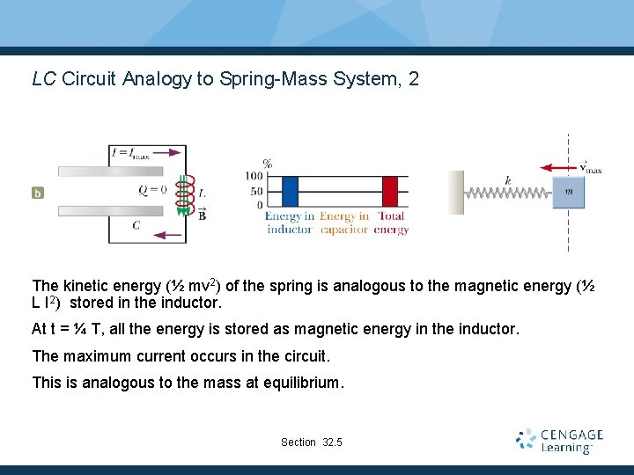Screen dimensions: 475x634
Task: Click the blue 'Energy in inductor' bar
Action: pos(291,191)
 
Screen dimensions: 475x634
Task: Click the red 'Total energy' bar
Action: pos(390,191)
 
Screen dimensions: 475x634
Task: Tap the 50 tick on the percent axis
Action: pos(256,190)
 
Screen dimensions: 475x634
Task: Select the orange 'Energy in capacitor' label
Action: pos(344,223)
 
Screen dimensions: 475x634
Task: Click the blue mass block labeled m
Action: pos(569,192)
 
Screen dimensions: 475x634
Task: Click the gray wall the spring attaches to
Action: pos(455,192)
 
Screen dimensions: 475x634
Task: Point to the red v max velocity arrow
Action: pos(560,165)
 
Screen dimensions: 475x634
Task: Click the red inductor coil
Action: pos(185,194)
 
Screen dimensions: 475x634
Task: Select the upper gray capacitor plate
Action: pos(111,172)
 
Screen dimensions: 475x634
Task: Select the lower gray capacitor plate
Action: pos(111,210)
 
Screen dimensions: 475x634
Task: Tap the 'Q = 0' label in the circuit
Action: pos(152,188)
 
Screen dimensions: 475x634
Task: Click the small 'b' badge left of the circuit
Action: pos(38,192)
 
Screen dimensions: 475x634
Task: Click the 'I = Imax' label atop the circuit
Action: pos(129,154)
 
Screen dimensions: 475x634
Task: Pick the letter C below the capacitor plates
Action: pos(136,225)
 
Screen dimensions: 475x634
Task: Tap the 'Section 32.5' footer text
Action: pos(312,442)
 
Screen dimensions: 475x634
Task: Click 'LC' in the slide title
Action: pos(44,79)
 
